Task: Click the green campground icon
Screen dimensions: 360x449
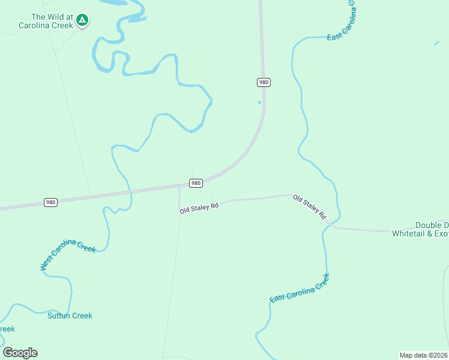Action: click(82, 21)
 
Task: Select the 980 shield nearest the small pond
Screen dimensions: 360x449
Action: click(263, 82)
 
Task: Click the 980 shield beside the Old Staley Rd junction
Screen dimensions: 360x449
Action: click(196, 182)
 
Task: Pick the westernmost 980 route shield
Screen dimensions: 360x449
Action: click(50, 202)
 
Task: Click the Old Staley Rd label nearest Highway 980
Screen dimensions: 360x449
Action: click(199, 208)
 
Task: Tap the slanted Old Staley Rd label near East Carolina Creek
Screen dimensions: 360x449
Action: click(309, 206)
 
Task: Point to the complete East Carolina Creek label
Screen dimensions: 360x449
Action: click(300, 289)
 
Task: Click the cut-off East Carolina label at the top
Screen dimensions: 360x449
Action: click(342, 22)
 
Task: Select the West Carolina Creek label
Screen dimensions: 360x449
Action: click(67, 254)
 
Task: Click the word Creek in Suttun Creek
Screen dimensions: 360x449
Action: click(82, 316)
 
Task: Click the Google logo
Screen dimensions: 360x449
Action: click(20, 352)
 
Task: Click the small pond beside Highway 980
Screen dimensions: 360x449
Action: click(259, 102)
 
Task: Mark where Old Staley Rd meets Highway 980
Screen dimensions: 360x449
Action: click(179, 187)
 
